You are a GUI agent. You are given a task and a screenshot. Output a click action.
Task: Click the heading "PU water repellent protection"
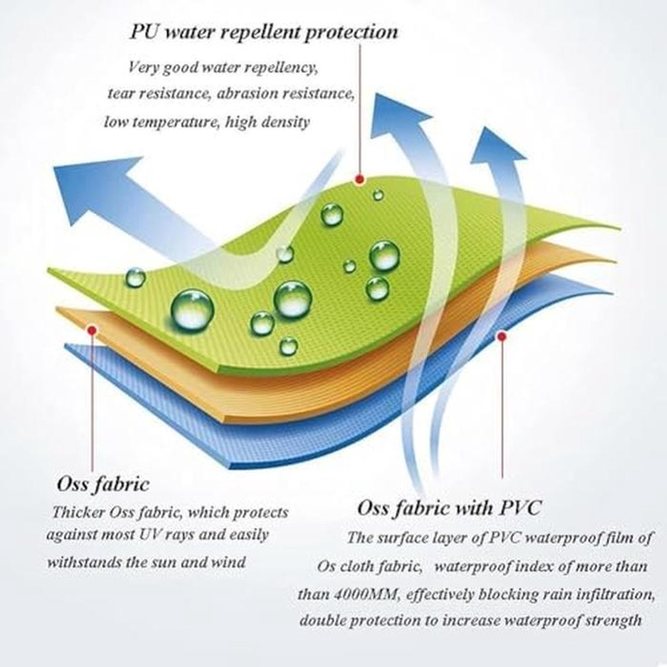pyautogui.click(x=264, y=33)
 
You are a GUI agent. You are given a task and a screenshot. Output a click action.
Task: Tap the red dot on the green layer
pyautogui.click(x=360, y=180)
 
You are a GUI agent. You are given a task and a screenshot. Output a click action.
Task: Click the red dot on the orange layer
pyautogui.click(x=92, y=331)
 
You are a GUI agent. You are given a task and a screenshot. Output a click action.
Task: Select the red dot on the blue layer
pyautogui.click(x=501, y=336)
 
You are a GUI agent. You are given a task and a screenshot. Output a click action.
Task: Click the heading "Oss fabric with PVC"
pyautogui.click(x=449, y=509)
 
